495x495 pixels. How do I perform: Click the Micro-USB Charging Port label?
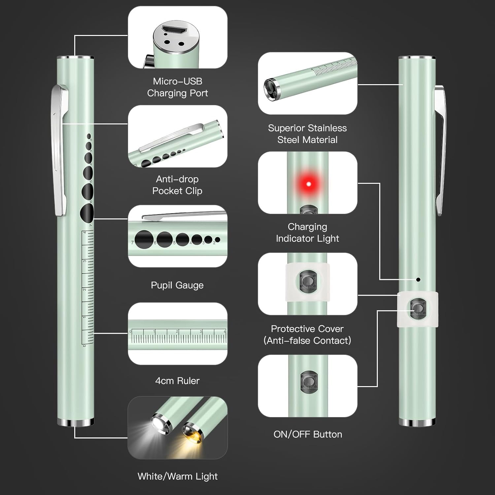[177, 87]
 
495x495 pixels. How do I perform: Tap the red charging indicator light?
[309, 184]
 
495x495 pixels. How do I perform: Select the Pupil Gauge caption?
[177, 285]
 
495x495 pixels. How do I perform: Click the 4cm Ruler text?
[177, 380]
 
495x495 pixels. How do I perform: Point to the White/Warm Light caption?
[177, 476]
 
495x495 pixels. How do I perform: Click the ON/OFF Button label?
[308, 434]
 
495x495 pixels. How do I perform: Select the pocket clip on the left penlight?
[60, 148]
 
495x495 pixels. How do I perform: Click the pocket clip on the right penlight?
[440, 148]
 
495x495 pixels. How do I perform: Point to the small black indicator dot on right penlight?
[418, 280]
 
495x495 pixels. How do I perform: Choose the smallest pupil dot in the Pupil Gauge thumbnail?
[217, 240]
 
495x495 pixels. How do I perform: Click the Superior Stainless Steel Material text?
[307, 134]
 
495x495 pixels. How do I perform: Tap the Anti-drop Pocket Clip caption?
[177, 185]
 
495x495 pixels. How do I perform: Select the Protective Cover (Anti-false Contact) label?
[307, 335]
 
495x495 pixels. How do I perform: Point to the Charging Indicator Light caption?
[307, 232]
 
